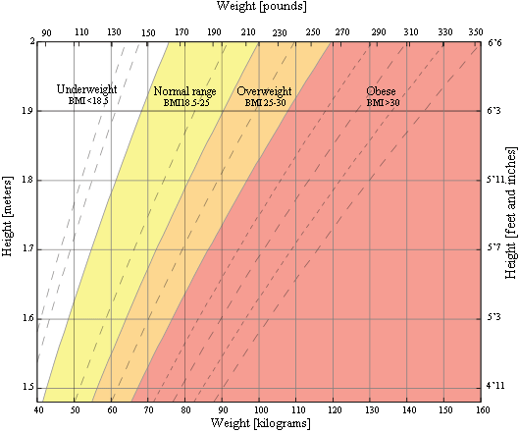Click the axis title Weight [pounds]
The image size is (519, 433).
click(x=260, y=7)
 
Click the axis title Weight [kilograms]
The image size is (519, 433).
click(x=259, y=423)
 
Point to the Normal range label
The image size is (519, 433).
click(x=186, y=91)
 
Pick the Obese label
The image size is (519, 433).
click(x=382, y=91)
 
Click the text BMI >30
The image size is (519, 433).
click(x=383, y=102)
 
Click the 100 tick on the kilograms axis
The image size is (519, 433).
click(x=259, y=409)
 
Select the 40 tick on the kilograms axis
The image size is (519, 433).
click(x=39, y=409)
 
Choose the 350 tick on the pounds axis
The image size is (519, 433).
click(x=476, y=32)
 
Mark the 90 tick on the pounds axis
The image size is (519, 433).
click(x=46, y=32)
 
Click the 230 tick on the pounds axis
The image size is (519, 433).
click(x=280, y=32)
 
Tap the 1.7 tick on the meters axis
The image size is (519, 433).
click(x=26, y=249)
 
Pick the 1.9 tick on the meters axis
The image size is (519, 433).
click(x=26, y=111)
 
